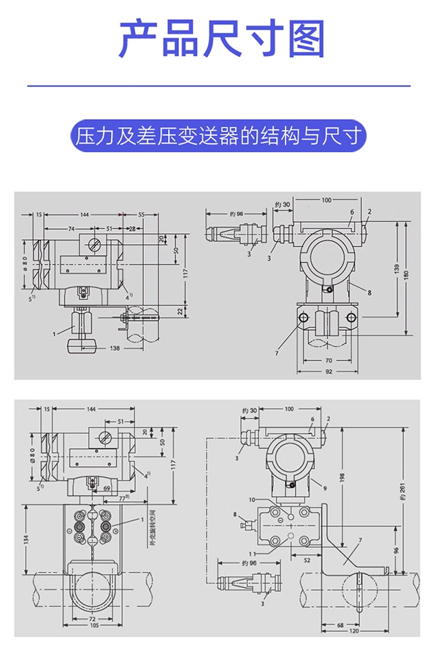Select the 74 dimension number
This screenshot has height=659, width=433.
click(x=71, y=229)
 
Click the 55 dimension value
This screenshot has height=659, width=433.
click(x=141, y=215)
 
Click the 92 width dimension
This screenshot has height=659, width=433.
click(x=327, y=372)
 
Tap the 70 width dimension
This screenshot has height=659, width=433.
click(x=327, y=360)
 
